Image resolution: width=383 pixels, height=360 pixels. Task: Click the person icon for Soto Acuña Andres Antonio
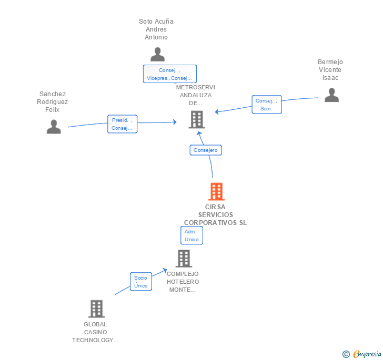pyautogui.click(x=157, y=55)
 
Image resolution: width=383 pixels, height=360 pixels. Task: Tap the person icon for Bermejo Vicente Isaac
pyautogui.click(x=331, y=95)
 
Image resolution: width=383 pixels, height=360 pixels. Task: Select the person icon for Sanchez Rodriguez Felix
pyautogui.click(x=54, y=127)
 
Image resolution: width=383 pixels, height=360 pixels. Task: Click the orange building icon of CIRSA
pyautogui.click(x=216, y=192)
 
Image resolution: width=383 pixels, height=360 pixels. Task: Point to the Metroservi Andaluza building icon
pyautogui.click(x=196, y=120)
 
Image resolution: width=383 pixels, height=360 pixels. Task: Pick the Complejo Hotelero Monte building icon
pyautogui.click(x=184, y=259)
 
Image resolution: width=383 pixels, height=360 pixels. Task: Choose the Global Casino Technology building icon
pyautogui.click(x=96, y=309)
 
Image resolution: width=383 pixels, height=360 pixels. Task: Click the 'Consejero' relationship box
pyautogui.click(x=205, y=150)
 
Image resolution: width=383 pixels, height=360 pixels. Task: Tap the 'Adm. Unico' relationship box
pyautogui.click(x=191, y=235)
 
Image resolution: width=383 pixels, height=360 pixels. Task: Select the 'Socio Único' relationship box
pyautogui.click(x=140, y=281)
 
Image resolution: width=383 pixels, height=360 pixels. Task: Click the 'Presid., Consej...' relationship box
pyautogui.click(x=122, y=124)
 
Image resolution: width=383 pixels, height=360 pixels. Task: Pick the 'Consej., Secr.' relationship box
pyautogui.click(x=267, y=105)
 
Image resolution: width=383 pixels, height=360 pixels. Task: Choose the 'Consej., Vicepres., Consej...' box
pyautogui.click(x=169, y=74)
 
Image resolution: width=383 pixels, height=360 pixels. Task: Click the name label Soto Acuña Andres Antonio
pyautogui.click(x=156, y=29)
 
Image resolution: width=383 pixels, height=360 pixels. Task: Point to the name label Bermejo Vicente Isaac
pyautogui.click(x=330, y=70)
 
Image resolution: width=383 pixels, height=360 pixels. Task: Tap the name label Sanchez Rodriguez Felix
pyautogui.click(x=53, y=102)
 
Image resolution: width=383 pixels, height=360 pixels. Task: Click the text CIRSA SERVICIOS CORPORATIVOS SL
pyautogui.click(x=215, y=215)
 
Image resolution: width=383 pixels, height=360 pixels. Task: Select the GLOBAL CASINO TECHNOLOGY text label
pyautogui.click(x=95, y=332)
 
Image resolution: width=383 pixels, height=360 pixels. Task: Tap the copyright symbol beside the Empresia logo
pyautogui.click(x=346, y=354)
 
